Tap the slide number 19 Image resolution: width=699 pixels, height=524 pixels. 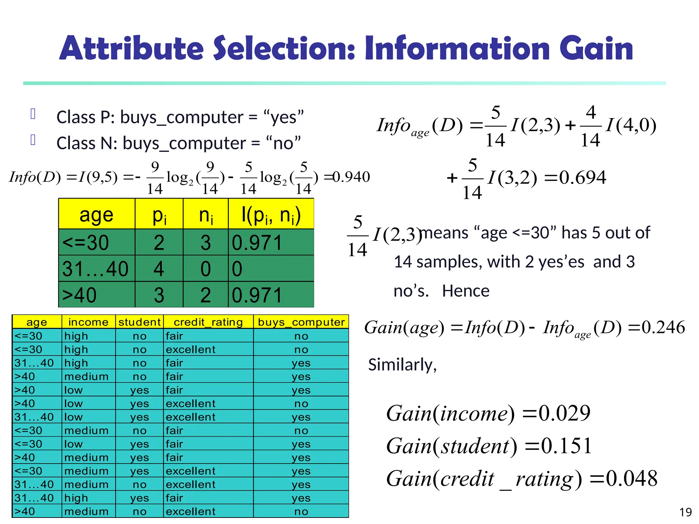(685, 512)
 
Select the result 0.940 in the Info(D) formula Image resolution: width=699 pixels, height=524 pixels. (352, 177)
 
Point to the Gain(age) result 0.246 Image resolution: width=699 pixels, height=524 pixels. (663, 327)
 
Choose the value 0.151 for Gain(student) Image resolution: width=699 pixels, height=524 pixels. (566, 446)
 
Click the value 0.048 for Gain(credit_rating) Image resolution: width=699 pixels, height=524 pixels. (631, 479)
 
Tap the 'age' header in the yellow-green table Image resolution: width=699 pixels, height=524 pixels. (96, 215)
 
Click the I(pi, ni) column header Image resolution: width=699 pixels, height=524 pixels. (271, 215)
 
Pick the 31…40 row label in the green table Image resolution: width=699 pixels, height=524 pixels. (95, 269)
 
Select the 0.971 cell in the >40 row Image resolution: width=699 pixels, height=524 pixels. (257, 295)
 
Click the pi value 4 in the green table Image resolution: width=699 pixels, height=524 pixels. (159, 269)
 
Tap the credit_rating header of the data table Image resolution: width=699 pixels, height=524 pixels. (208, 322)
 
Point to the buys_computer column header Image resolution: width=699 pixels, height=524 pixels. (301, 322)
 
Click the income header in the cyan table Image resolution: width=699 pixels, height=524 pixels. (88, 322)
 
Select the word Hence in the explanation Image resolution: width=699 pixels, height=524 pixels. (466, 291)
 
